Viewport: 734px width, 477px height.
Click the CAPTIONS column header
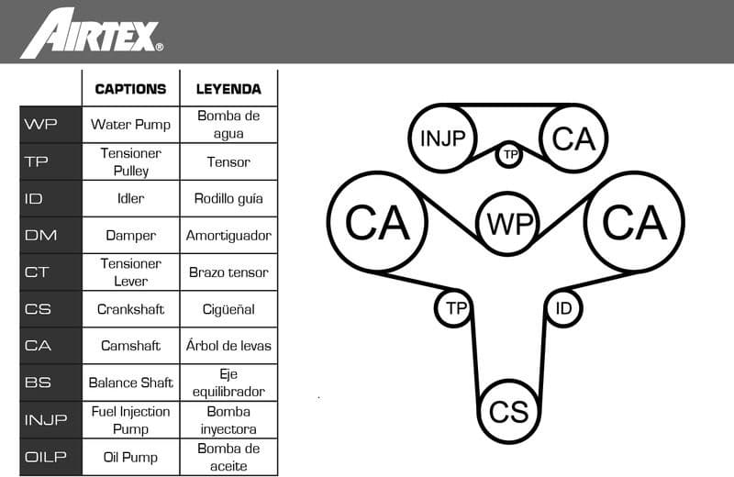[x=130, y=89]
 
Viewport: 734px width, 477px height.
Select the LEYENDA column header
[x=228, y=89]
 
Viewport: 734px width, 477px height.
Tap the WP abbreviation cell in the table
[x=41, y=125]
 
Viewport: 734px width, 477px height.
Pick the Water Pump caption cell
[x=130, y=125]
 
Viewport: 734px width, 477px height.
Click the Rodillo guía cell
[x=228, y=198]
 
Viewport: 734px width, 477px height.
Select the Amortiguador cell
[x=228, y=235]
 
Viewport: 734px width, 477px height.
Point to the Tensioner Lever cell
[x=130, y=272]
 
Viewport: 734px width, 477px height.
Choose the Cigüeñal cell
[x=228, y=309]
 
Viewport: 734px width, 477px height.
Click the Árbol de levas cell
[x=228, y=346]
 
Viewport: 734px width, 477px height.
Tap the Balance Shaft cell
[x=130, y=383]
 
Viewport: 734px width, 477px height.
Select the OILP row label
[x=41, y=457]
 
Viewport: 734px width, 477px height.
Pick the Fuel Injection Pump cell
[x=130, y=419]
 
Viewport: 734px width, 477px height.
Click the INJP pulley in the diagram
[x=443, y=139]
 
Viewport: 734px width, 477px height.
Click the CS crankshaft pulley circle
[x=508, y=411]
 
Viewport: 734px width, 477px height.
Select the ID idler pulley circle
[x=563, y=308]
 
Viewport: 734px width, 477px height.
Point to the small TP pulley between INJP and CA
[x=510, y=154]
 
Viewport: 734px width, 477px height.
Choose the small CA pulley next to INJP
[x=574, y=139]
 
